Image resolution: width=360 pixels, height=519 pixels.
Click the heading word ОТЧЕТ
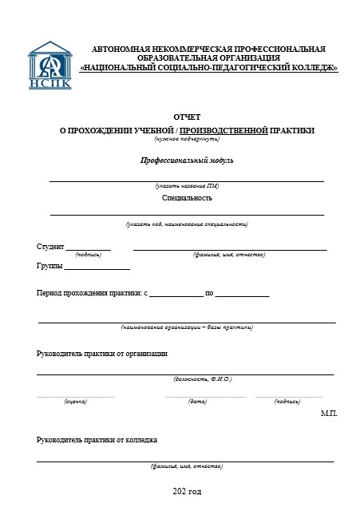pos(188,117)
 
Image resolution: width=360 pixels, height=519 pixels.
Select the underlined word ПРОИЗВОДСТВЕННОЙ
pos(224,130)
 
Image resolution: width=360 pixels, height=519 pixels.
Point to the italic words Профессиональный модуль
pos(188,160)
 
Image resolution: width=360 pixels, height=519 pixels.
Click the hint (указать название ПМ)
pos(188,185)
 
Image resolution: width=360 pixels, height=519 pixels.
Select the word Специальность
pos(188,197)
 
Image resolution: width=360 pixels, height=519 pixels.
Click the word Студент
pos(50,246)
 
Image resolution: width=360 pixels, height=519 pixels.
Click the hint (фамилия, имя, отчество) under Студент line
pos(229,255)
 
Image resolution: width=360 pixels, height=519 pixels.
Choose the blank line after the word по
pos(242,295)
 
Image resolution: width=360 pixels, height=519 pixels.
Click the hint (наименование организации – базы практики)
pos(188,327)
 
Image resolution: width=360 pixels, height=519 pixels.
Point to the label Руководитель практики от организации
pos(102,353)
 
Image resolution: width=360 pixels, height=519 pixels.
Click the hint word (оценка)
pos(75,401)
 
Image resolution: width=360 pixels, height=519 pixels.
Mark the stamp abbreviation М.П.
pos(329,414)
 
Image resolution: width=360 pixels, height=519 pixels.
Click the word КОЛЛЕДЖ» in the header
pos(311,69)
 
